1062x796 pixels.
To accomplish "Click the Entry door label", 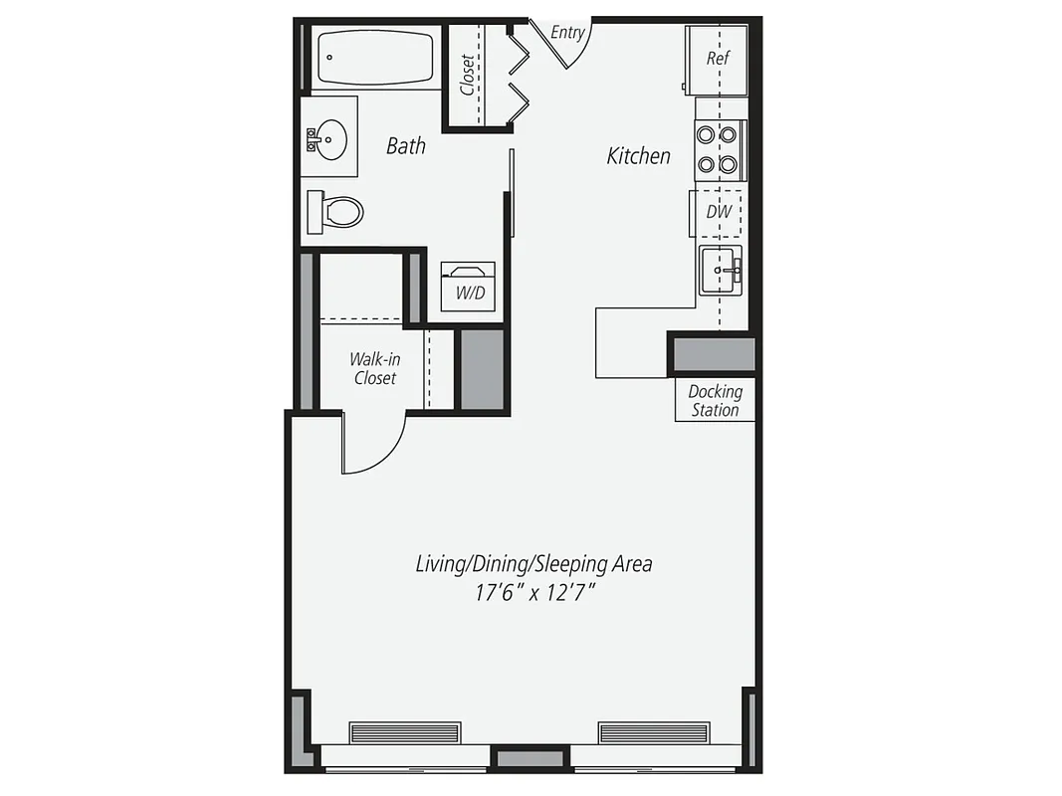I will click(x=567, y=33).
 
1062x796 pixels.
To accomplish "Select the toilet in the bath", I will click(x=336, y=211).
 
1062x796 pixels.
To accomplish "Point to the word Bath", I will click(x=405, y=146).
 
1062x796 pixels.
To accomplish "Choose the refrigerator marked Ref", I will click(x=718, y=59).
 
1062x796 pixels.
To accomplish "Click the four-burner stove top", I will click(x=718, y=149).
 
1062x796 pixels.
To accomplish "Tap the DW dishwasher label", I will click(x=719, y=212).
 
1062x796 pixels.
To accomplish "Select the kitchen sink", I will click(x=721, y=270).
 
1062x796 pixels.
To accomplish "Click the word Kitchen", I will click(x=639, y=156).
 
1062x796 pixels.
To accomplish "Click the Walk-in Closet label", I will click(x=374, y=368).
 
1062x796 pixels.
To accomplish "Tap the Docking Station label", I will click(x=715, y=400).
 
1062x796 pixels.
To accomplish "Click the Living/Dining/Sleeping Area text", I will click(x=533, y=564).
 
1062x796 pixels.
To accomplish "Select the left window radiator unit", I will click(x=405, y=732).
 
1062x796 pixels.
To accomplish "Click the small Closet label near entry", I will click(x=468, y=76).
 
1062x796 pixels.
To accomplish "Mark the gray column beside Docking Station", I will click(x=713, y=355).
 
